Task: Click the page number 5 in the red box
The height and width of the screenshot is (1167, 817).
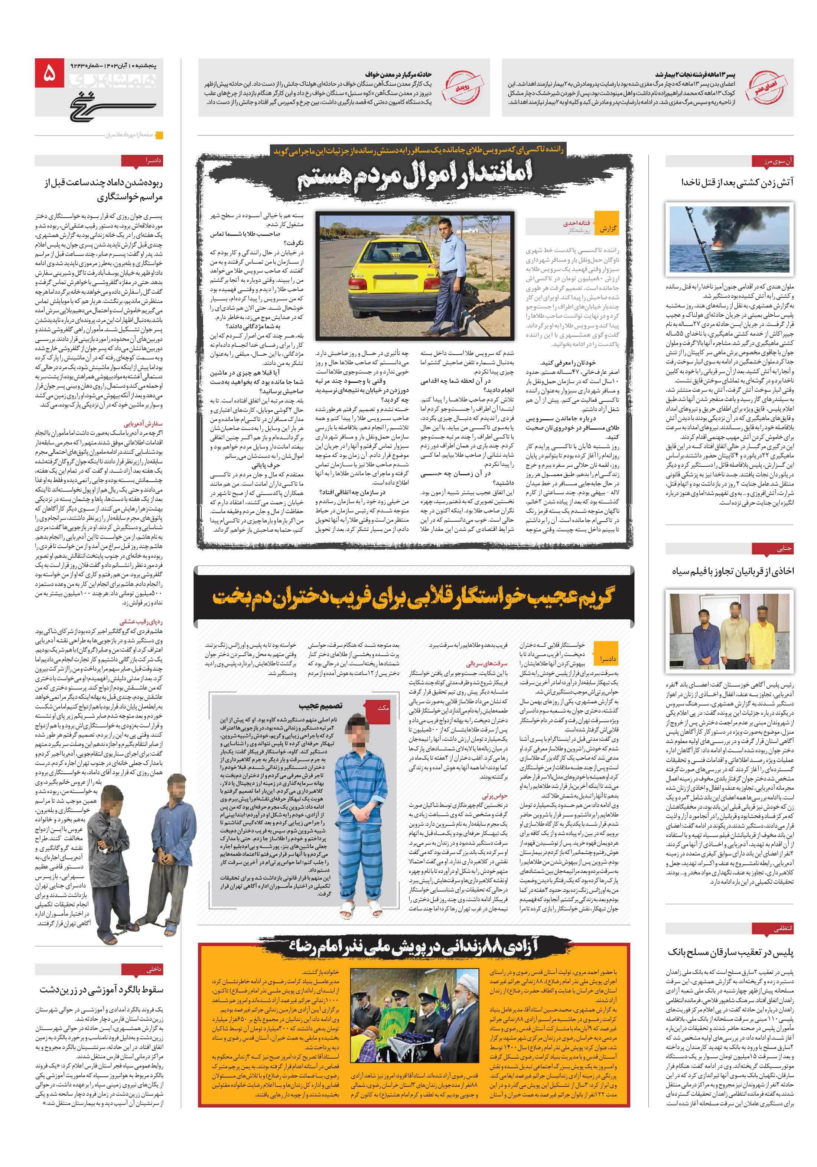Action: click(x=50, y=74)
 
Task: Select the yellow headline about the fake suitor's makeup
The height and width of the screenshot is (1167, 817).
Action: click(x=413, y=596)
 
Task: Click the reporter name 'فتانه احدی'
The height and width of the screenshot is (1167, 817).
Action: click(x=576, y=223)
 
